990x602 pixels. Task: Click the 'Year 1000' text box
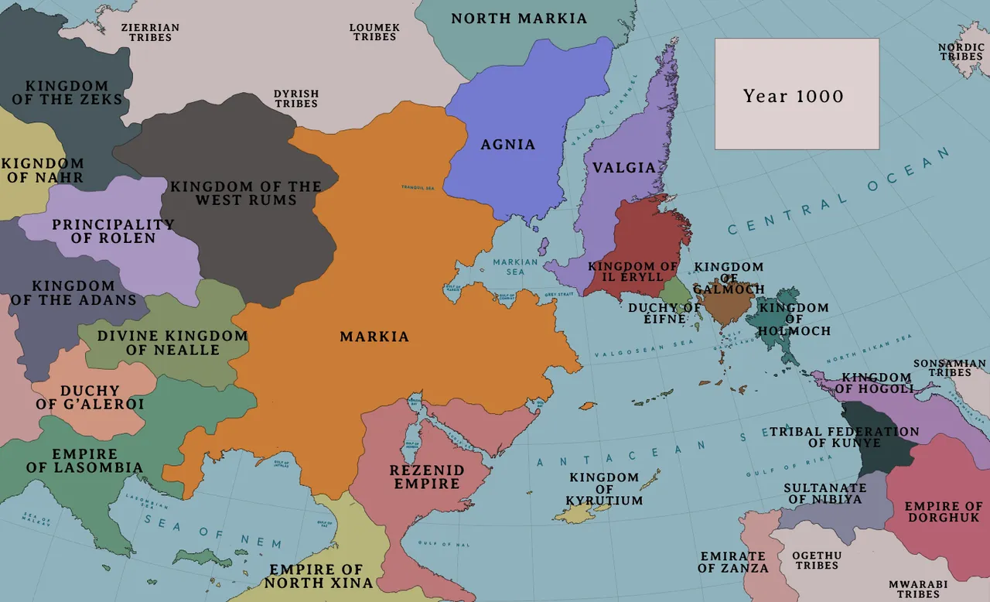click(797, 94)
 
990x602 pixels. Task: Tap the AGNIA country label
click(508, 145)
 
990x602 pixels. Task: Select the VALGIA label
click(624, 168)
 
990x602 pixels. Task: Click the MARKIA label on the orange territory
click(374, 337)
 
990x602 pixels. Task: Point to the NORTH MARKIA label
click(519, 19)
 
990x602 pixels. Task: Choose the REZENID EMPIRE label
click(427, 477)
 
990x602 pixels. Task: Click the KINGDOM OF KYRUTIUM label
click(604, 489)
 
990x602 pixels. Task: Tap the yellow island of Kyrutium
click(572, 515)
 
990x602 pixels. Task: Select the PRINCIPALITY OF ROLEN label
click(113, 231)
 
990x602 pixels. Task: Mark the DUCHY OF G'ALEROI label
click(90, 397)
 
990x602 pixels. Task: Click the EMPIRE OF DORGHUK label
click(943, 511)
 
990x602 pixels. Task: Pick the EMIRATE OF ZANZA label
click(733, 563)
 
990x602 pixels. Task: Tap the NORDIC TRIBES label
click(961, 52)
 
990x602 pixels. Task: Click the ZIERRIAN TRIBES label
click(150, 32)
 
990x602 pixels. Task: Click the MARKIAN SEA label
click(515, 267)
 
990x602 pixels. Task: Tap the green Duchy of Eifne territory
click(675, 292)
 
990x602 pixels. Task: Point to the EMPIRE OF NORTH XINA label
click(319, 576)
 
